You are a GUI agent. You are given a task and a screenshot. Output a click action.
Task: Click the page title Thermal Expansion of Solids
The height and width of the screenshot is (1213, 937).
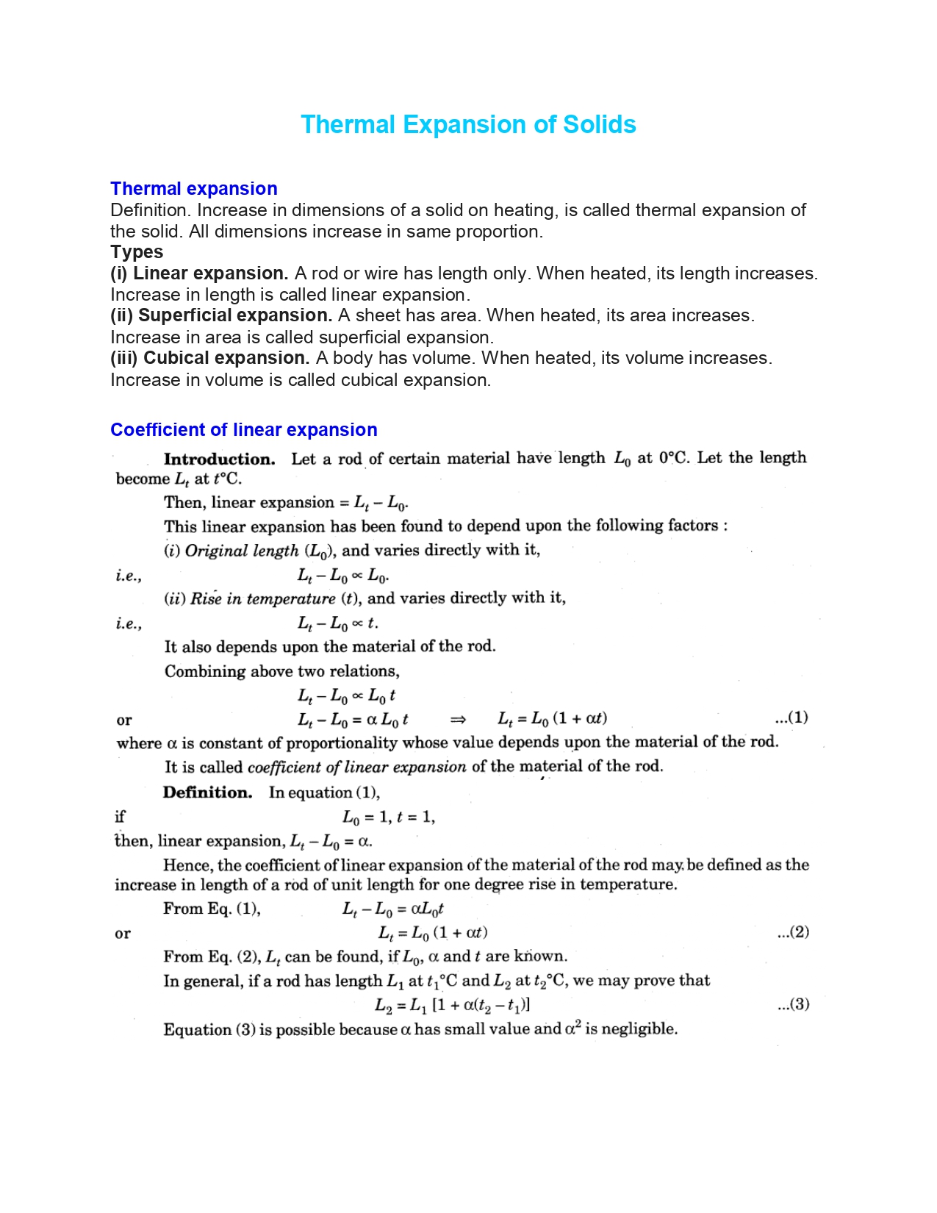468,124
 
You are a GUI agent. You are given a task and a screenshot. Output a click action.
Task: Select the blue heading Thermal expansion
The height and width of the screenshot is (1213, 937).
194,189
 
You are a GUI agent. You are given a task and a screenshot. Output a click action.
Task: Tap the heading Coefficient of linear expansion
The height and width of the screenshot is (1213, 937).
244,430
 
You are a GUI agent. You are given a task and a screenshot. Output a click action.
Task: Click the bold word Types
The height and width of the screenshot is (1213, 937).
137,252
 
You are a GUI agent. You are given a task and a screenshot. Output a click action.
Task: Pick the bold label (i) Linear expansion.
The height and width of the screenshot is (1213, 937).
199,273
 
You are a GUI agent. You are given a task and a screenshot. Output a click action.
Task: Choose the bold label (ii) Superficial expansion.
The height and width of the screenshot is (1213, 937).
221,315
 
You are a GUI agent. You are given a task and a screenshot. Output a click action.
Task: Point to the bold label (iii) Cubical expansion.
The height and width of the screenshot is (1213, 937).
210,358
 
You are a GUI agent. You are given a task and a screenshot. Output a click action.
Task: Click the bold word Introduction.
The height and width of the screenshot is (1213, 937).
219,459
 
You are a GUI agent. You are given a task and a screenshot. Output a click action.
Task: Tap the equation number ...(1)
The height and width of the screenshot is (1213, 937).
791,718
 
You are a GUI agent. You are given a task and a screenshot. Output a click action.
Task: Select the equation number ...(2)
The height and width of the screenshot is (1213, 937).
793,932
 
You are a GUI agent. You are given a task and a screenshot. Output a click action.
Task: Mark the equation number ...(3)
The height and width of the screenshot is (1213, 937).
793,1004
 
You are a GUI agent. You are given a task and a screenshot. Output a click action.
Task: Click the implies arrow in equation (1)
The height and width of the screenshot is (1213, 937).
458,719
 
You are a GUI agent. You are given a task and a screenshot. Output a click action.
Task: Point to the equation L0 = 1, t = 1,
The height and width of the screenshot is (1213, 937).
389,817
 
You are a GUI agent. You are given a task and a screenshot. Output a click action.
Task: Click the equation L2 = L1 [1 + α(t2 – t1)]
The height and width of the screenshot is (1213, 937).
452,1005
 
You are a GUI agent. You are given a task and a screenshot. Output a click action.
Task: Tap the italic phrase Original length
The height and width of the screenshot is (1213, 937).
242,551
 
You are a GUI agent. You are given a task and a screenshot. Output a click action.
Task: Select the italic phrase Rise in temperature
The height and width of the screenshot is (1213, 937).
262,598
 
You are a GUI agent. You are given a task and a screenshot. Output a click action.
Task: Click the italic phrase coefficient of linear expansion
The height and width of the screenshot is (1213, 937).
356,767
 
